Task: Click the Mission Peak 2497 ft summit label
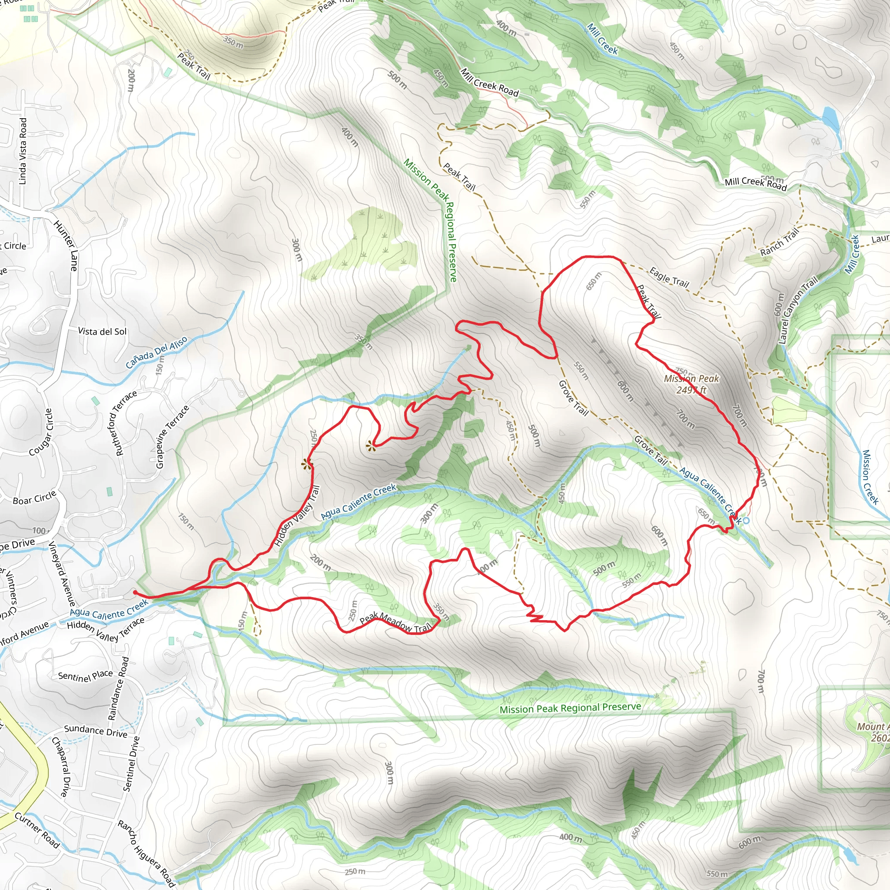pos(691,384)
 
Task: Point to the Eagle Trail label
pos(669,277)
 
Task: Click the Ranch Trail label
pos(780,243)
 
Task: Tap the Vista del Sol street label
pos(102,331)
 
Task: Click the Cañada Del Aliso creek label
pos(156,352)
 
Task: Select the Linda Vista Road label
pos(23,151)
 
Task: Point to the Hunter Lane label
pos(66,246)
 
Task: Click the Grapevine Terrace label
pos(172,437)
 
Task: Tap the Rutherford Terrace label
pos(126,423)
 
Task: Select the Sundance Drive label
pos(95,731)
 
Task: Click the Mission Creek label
pos(870,477)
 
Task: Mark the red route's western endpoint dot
pos(135,592)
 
